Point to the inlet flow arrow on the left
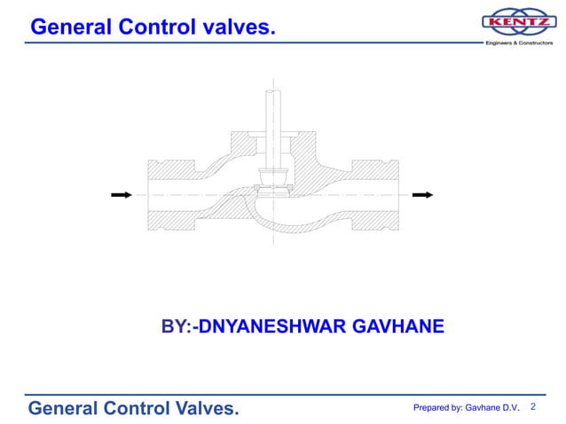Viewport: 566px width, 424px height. [121, 195]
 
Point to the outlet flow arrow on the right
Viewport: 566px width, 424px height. [424, 195]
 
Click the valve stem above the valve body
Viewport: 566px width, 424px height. [273, 115]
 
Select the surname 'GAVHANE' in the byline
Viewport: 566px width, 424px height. [398, 327]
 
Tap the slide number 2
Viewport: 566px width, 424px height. [533, 406]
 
